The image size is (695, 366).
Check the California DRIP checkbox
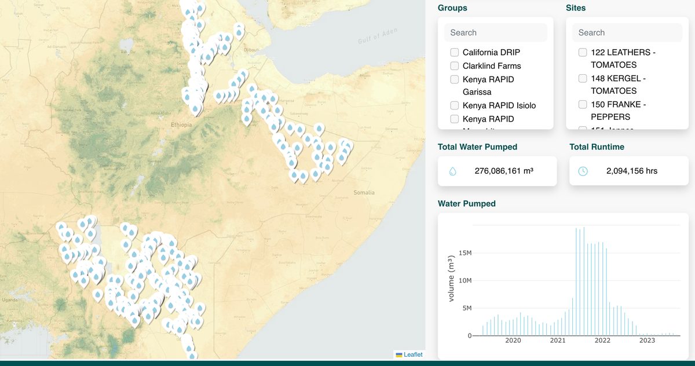pos(455,52)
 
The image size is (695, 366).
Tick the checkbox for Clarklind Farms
pos(455,66)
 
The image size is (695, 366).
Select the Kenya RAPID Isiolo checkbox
pos(455,105)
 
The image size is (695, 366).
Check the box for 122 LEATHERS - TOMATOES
pos(583,52)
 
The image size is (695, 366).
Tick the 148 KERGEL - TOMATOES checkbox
pos(583,78)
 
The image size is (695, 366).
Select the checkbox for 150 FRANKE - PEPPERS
pos(583,104)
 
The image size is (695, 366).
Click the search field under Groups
pos(495,32)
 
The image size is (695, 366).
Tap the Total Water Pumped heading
pos(477,147)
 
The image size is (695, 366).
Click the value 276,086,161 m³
pos(503,171)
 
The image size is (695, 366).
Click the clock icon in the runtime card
pos(583,171)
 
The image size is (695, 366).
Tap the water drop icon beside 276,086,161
pos(453,171)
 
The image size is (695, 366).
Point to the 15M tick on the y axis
pos(464,252)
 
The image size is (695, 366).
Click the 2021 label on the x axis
pos(557,341)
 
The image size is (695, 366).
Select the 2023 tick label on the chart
pos(647,341)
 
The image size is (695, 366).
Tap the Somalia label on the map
pos(364,192)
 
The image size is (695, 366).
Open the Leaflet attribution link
pos(413,354)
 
